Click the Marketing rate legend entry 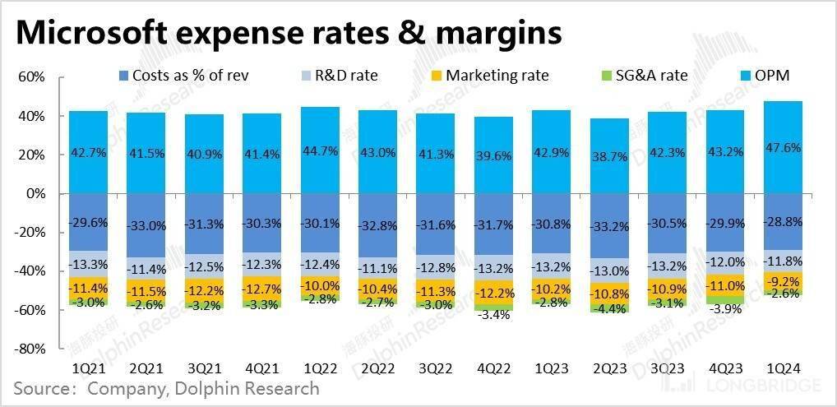point(497,76)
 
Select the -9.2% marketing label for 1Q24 point(784,281)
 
